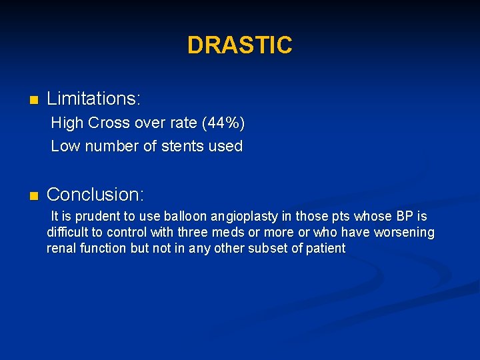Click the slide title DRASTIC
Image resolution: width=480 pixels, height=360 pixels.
pyautogui.click(x=239, y=45)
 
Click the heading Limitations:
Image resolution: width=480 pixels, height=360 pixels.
pyautogui.click(x=93, y=99)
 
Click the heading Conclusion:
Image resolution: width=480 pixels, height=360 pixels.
pyautogui.click(x=95, y=195)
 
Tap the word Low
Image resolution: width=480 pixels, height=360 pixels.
pyautogui.click(x=65, y=146)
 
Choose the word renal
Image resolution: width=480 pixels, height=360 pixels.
pyautogui.click(x=61, y=249)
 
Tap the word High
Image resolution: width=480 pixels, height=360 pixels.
pyautogui.click(x=67, y=123)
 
